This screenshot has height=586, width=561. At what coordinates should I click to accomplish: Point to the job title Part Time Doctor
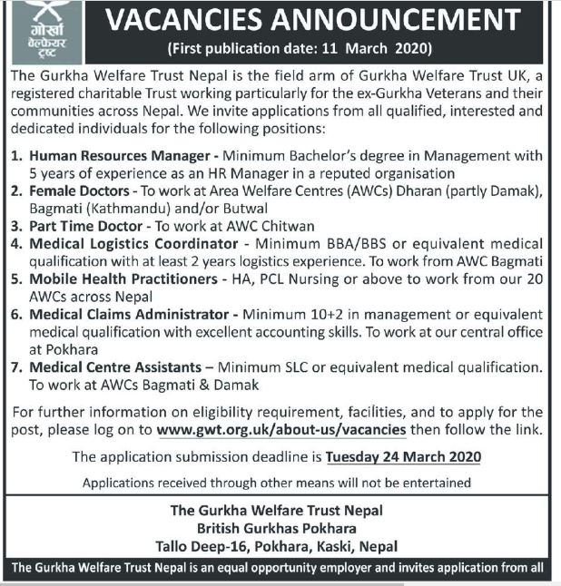86,226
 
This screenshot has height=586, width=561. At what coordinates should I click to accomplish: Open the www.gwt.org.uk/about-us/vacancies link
281,429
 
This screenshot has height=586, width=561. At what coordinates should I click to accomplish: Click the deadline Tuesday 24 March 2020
403,455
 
